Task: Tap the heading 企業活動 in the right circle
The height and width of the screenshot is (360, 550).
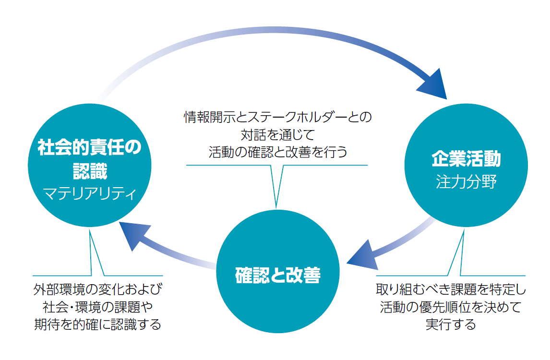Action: tap(466, 159)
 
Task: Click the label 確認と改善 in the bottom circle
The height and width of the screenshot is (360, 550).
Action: tap(278, 276)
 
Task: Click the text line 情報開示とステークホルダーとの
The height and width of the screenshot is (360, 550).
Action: tap(278, 117)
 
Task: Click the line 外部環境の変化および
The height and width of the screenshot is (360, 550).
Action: tap(98, 290)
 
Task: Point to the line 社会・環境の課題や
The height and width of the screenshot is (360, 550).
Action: tap(98, 307)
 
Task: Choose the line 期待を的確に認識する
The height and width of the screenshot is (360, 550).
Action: tap(98, 324)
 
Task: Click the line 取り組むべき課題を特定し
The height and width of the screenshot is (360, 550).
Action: tap(451, 290)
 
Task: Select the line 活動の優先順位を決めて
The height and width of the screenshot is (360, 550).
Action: tap(451, 307)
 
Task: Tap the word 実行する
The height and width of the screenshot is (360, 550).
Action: tap(451, 324)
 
